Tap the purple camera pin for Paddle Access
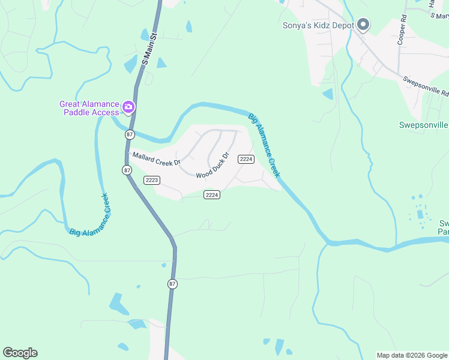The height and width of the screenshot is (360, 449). pos(128,107)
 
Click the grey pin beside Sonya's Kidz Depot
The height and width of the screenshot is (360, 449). pos(363,25)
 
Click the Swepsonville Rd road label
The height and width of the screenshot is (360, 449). pos(426,86)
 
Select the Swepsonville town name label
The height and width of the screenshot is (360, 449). pos(424,125)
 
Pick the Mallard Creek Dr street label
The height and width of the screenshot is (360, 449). pos(156,159)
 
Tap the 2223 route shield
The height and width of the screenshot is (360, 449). pos(152,180)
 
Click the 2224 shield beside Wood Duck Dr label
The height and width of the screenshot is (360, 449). pos(246,158)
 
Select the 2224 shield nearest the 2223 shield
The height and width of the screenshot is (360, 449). pos(212,194)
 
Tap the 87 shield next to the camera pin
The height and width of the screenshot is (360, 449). pos(130,134)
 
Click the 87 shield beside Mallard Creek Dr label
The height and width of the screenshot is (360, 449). pos(127,170)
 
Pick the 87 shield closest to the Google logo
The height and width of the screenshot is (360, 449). pos(172,284)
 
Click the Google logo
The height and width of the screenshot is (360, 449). pos(20,353)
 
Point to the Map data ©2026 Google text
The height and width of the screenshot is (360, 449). pos(412,355)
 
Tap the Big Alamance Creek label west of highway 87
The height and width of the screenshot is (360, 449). pos(89,214)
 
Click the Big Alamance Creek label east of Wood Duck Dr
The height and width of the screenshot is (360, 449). pos(265,145)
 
